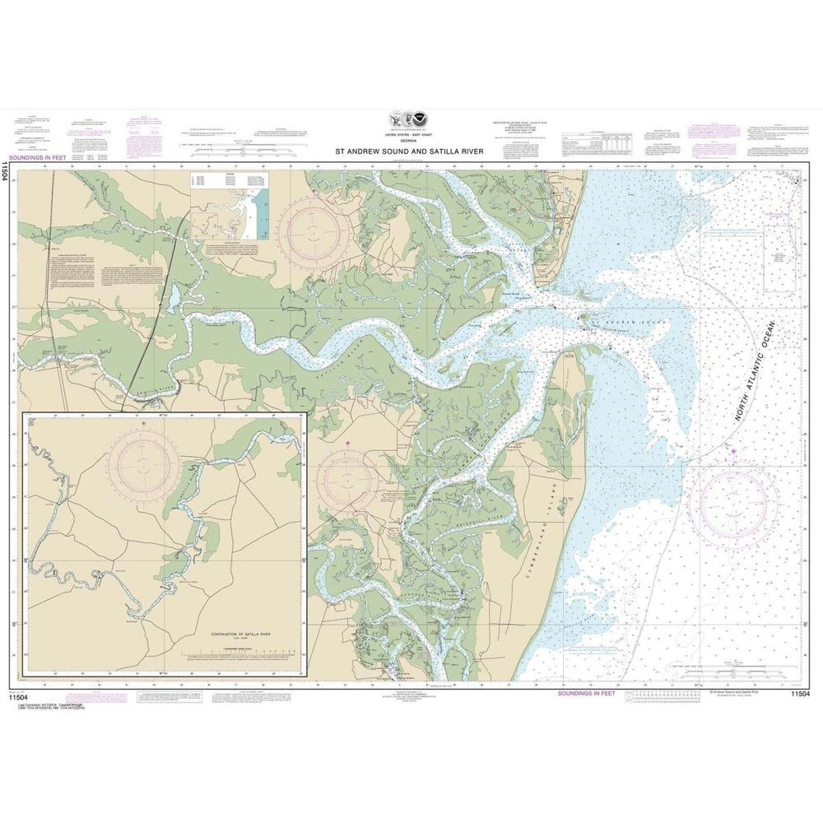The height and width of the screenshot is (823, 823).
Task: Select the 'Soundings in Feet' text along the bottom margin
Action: (x=586, y=694)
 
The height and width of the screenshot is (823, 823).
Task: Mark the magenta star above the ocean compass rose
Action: (x=733, y=449)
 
